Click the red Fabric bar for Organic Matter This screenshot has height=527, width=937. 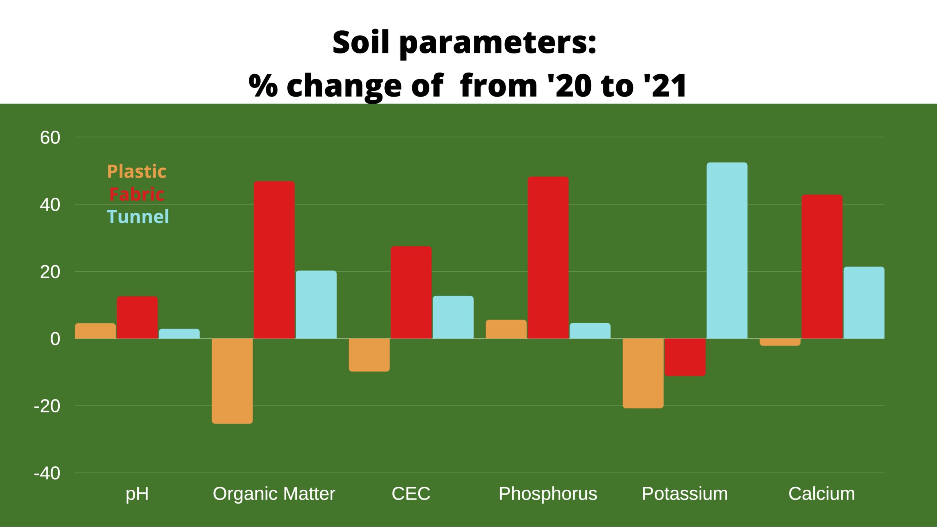pyautogui.click(x=274, y=260)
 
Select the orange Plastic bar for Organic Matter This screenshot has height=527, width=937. pyautogui.click(x=232, y=381)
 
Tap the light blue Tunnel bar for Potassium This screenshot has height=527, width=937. pyautogui.click(x=727, y=251)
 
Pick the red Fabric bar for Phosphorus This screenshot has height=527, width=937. pyautogui.click(x=548, y=258)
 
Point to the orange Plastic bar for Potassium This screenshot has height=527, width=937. pyautogui.click(x=643, y=373)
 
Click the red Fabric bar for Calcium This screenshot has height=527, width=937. pyautogui.click(x=822, y=267)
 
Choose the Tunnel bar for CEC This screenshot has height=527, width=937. pyautogui.click(x=453, y=317)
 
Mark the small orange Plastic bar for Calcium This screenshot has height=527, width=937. pyautogui.click(x=780, y=342)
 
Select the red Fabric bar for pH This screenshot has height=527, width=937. pyautogui.click(x=137, y=318)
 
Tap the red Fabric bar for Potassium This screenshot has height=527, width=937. pyautogui.click(x=685, y=357)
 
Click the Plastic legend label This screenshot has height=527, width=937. pyautogui.click(x=137, y=171)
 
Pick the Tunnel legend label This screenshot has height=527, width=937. pyautogui.click(x=138, y=216)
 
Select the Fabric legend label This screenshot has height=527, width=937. pyautogui.click(x=137, y=194)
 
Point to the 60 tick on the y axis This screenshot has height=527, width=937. pyautogui.click(x=50, y=138)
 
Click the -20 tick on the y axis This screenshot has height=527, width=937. pyautogui.click(x=47, y=406)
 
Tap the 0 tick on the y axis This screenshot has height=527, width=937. pyautogui.click(x=55, y=339)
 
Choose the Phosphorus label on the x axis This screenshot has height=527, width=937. pyautogui.click(x=548, y=494)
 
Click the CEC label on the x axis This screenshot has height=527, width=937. pyautogui.click(x=411, y=494)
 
